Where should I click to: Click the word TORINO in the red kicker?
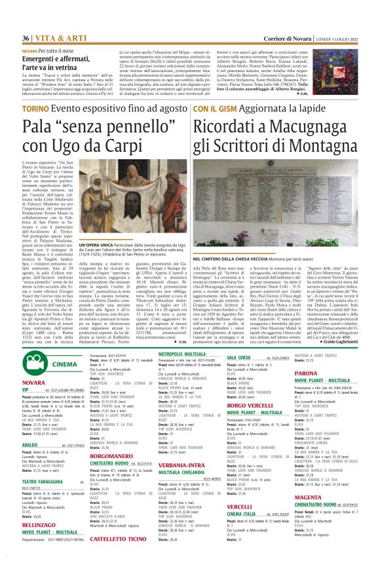[34, 108]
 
